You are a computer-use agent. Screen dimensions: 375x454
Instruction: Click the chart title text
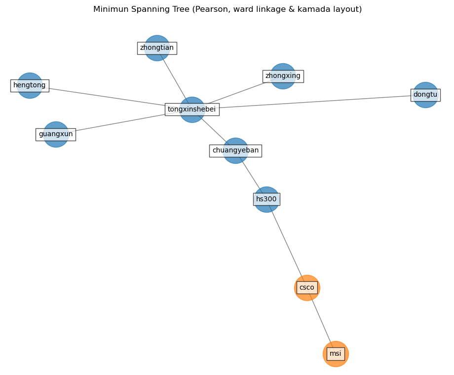(x=227, y=9)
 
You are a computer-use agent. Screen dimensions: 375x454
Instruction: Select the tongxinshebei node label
(x=192, y=110)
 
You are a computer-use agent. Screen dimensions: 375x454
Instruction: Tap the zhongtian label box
(x=157, y=48)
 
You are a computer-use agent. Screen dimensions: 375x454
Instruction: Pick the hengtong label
(x=30, y=85)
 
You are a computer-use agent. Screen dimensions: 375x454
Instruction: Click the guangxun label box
(x=56, y=134)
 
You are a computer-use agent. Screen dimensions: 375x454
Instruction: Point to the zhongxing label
(x=283, y=76)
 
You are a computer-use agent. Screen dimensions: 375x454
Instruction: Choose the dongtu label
(x=425, y=95)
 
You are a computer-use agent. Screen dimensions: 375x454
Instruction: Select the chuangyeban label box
(x=235, y=150)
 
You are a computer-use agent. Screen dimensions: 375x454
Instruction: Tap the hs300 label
(x=266, y=199)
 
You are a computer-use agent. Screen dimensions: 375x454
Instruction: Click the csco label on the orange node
(x=306, y=288)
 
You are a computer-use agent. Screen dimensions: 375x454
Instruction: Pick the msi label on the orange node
(x=336, y=354)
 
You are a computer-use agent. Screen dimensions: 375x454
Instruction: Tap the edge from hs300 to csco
(x=287, y=243)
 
